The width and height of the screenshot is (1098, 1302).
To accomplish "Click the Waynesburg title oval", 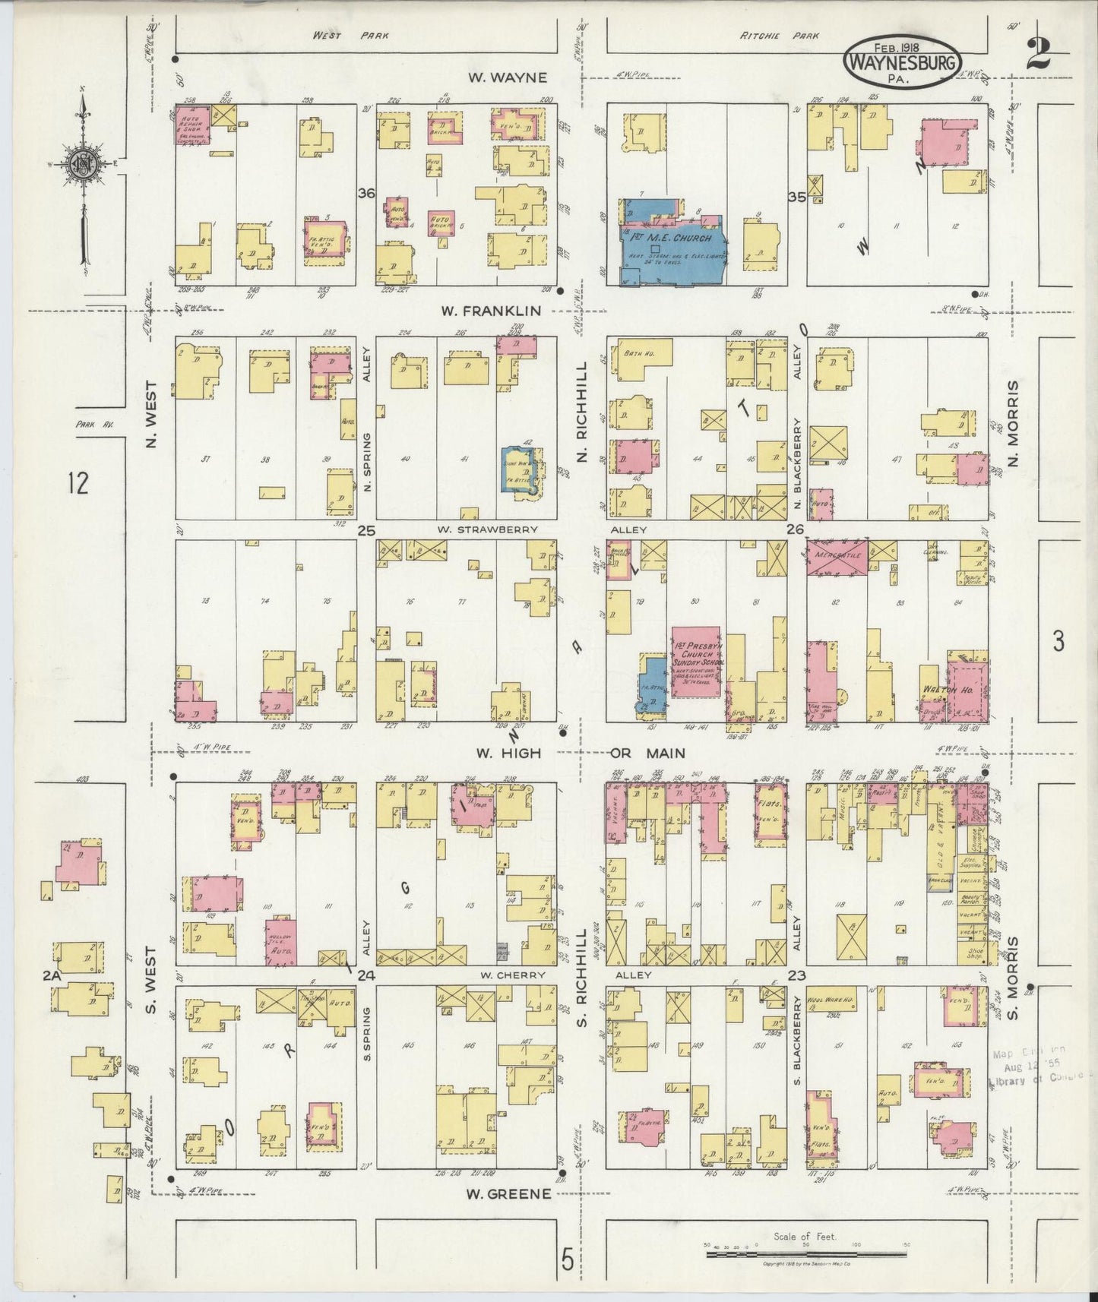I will point(902,62).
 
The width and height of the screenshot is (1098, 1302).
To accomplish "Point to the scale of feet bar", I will point(805,1249).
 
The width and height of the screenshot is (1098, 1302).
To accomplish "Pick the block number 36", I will point(367,194).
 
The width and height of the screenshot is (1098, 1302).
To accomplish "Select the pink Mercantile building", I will point(836,557).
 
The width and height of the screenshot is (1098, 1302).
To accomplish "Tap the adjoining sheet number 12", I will point(78,483).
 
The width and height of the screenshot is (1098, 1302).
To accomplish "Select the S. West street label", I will point(150,980).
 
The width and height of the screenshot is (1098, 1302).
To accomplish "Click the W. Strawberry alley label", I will point(486,529).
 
